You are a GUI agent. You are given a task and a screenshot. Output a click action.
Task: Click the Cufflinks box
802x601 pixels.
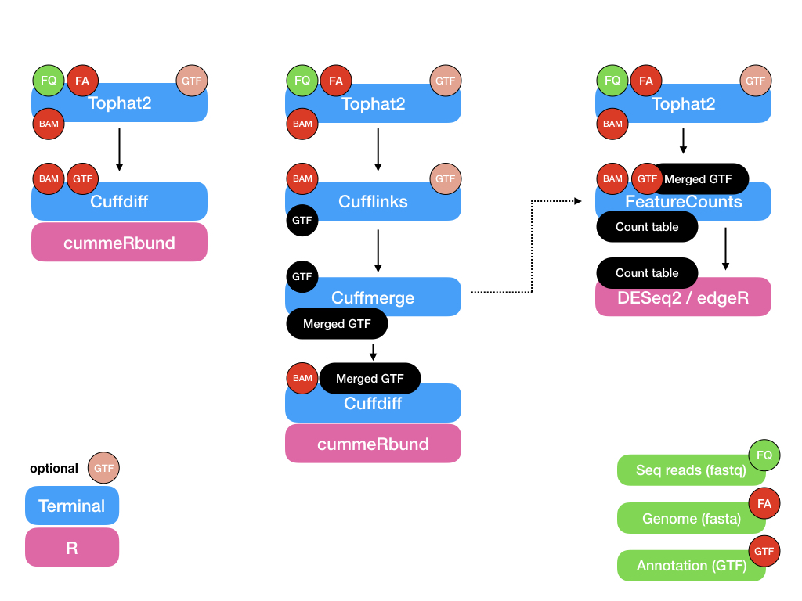point(373,202)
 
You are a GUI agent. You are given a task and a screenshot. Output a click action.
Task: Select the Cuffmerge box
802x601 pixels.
point(373,297)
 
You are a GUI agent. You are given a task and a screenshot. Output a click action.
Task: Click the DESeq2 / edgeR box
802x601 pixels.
point(683,297)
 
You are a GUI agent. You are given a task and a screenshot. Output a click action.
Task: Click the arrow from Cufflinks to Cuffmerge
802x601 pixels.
point(378,250)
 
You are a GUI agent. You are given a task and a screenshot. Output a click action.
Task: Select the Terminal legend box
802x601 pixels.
point(72,506)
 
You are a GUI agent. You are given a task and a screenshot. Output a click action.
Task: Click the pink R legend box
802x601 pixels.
point(72,548)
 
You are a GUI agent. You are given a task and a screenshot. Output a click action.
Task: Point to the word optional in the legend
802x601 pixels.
point(54,469)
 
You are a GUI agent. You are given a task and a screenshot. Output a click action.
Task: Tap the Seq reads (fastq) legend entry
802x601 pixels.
point(680,470)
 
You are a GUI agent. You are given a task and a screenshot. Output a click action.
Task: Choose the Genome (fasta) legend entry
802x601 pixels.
point(680,518)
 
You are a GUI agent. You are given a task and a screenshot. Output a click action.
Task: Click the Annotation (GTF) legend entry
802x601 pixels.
point(680,566)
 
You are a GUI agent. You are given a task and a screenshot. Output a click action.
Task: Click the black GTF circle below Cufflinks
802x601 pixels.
point(302,221)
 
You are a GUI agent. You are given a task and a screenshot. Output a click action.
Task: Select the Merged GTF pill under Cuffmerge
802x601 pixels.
point(337,324)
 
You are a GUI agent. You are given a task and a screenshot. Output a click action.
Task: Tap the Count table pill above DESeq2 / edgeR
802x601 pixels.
point(647,273)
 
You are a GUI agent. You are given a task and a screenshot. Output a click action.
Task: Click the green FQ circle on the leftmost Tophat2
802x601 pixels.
point(49,81)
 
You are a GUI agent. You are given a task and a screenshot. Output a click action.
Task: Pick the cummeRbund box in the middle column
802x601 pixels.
point(373,444)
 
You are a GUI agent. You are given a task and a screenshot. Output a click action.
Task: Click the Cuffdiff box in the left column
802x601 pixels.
point(119,202)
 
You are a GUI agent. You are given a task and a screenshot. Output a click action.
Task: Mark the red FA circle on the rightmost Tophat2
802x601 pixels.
point(646,81)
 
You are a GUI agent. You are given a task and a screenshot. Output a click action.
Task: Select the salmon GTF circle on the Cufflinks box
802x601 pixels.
point(445,179)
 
